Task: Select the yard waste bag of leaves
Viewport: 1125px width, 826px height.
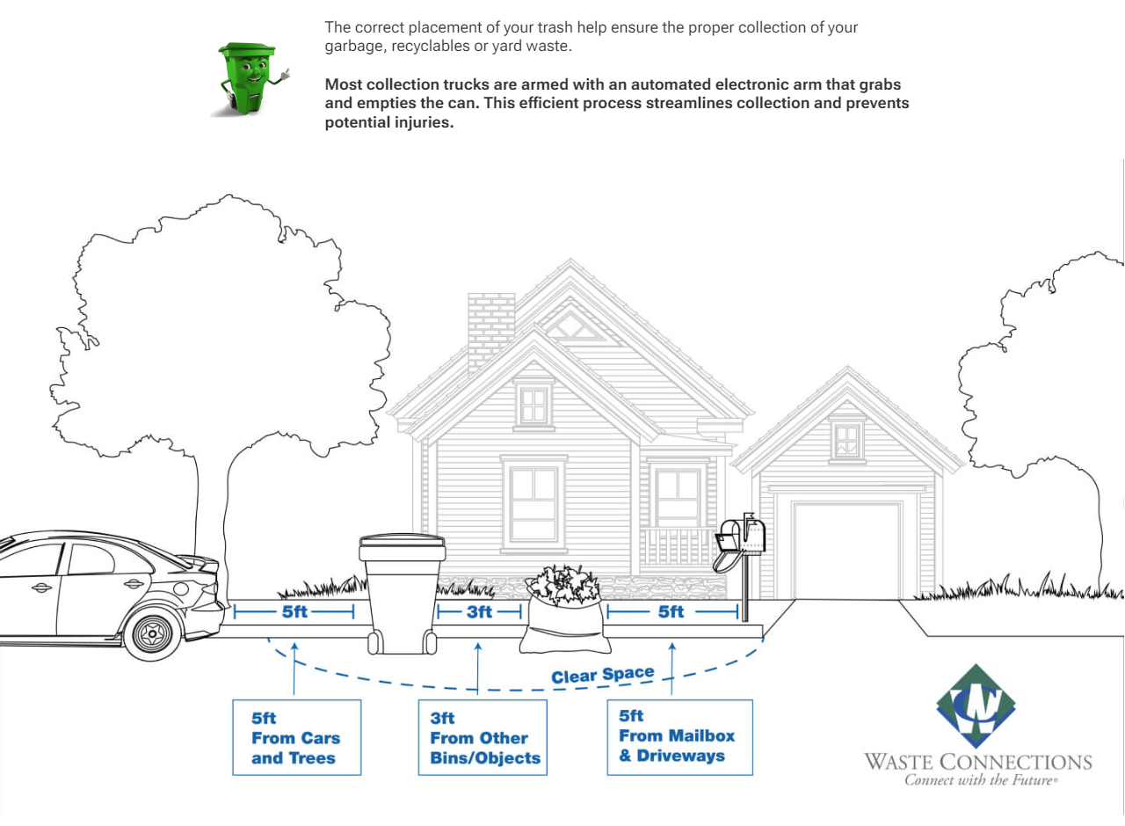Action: (x=563, y=612)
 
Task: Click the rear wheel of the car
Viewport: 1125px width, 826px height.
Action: (x=155, y=630)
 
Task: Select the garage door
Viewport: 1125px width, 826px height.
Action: (x=847, y=550)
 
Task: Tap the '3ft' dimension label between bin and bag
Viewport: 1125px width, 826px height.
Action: (x=480, y=612)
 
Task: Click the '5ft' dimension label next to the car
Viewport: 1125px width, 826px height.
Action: (x=294, y=612)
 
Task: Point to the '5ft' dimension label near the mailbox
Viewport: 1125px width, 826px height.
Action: (x=671, y=612)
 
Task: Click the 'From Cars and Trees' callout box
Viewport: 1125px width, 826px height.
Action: (x=296, y=737)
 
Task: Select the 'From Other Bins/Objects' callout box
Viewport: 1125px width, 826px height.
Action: (x=482, y=737)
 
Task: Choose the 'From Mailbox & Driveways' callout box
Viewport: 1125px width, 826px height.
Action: (x=679, y=736)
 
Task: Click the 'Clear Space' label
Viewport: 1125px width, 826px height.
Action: (x=603, y=676)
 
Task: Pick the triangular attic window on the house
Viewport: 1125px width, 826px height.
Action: (x=575, y=327)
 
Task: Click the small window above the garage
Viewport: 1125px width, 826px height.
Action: (x=847, y=440)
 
